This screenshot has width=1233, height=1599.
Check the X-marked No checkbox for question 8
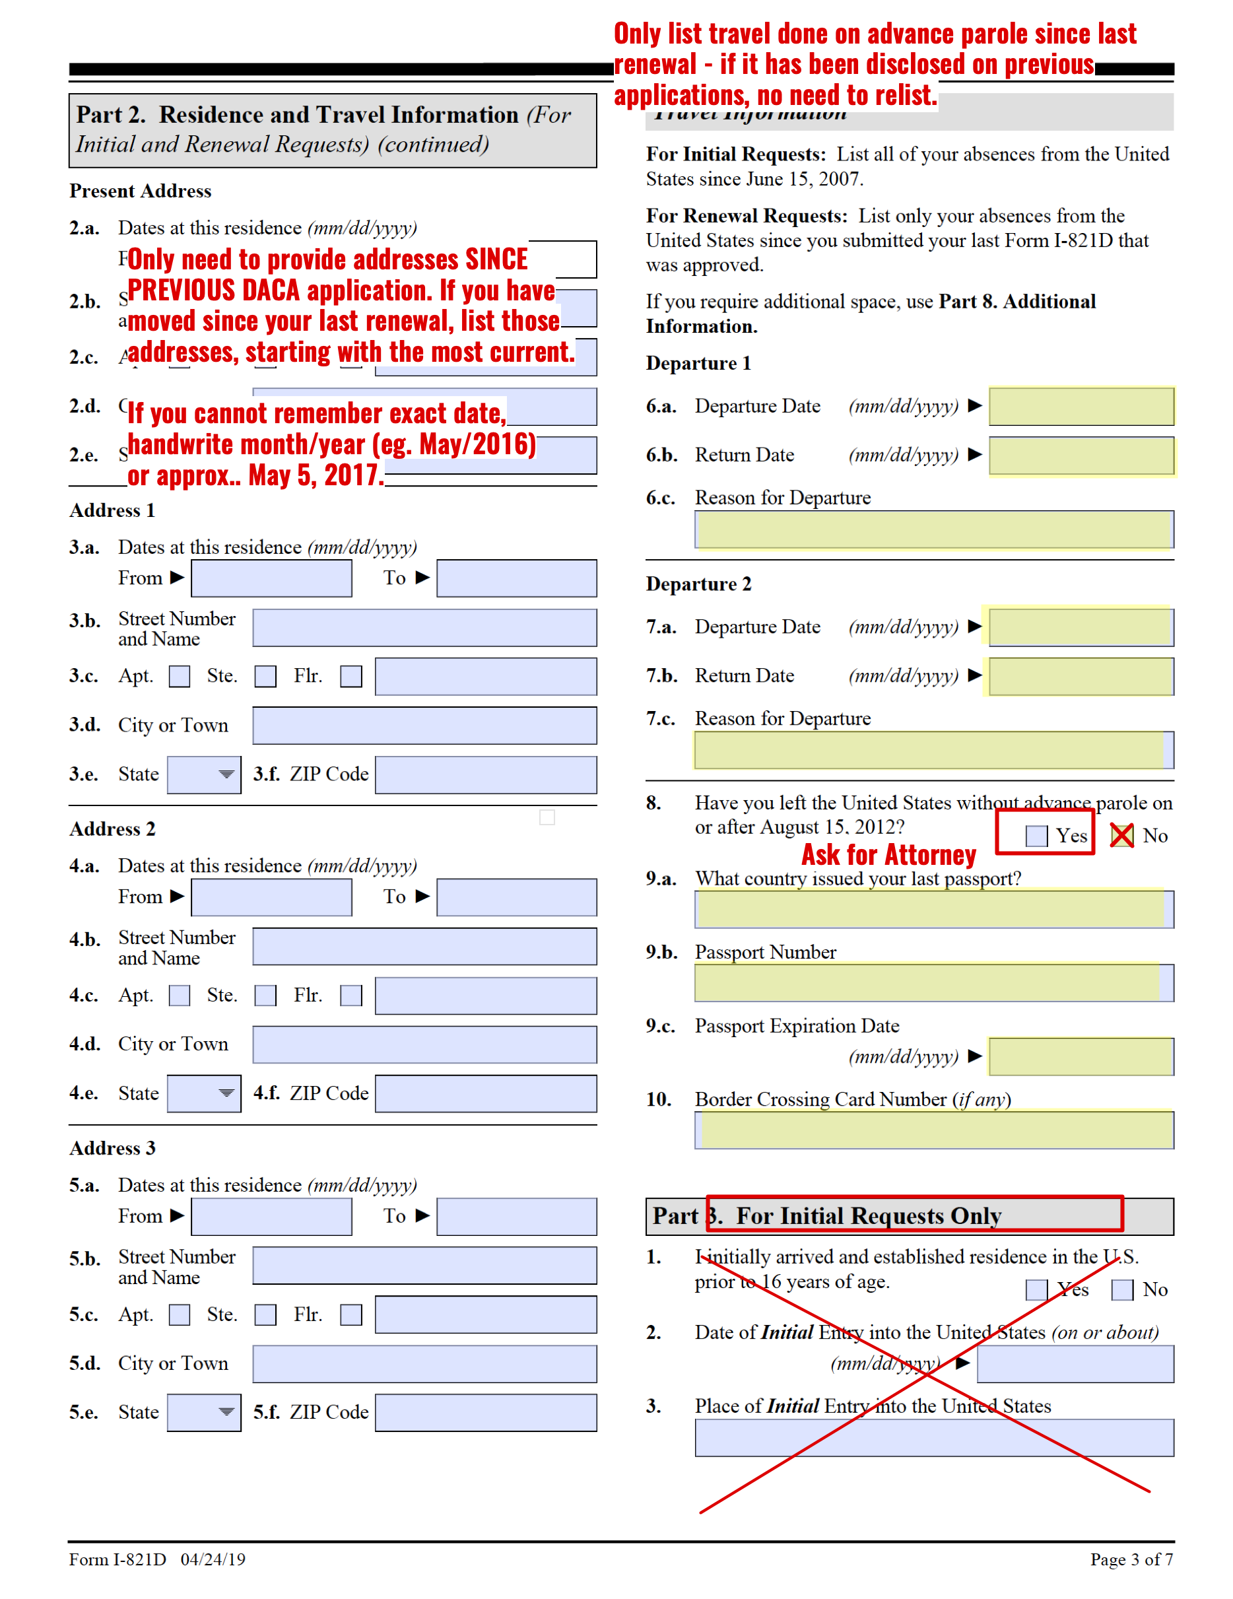(x=1121, y=835)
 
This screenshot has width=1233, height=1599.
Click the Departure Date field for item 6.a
(x=1081, y=406)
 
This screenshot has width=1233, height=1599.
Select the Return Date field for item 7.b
(x=1081, y=676)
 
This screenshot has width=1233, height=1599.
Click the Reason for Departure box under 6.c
(x=933, y=529)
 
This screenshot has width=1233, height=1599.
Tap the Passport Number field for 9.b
(x=933, y=982)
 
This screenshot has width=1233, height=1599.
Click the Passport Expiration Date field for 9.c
(x=1081, y=1056)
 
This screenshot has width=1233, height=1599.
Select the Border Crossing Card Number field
(x=933, y=1130)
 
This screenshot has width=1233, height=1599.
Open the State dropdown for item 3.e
(x=204, y=774)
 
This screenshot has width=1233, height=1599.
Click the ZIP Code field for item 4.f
(x=485, y=1094)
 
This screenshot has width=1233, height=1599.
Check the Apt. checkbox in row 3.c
(x=180, y=676)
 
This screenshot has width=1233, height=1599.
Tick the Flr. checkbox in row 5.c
(x=350, y=1315)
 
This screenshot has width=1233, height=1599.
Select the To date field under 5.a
(x=516, y=1217)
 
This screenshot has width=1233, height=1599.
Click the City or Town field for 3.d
(x=424, y=726)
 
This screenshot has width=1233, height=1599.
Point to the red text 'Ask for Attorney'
(x=888, y=855)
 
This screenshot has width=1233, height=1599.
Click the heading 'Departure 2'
(x=698, y=584)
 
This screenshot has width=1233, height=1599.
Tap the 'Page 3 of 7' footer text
(x=1131, y=1559)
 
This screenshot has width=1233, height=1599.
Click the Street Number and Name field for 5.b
(x=424, y=1266)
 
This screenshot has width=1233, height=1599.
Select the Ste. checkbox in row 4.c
(x=265, y=996)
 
